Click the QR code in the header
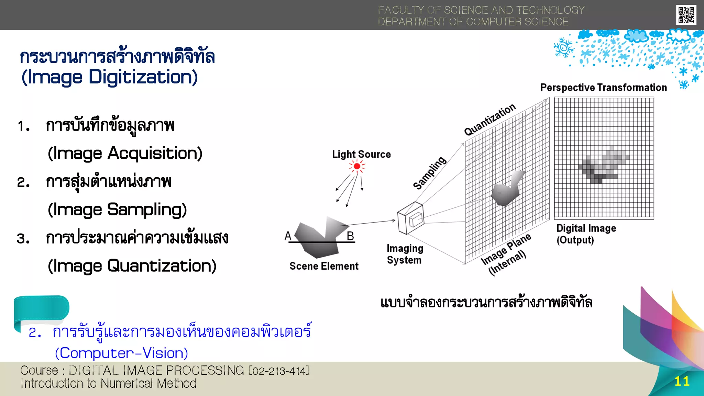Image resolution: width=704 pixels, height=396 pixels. click(x=686, y=15)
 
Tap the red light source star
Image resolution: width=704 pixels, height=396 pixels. click(x=357, y=167)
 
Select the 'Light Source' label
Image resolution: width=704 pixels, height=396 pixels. click(x=361, y=154)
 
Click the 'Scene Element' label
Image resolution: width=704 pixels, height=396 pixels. click(x=324, y=266)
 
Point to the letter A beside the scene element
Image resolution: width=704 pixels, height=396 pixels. click(x=288, y=236)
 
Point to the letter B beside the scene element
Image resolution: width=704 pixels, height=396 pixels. click(x=350, y=236)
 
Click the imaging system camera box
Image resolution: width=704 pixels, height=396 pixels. click(x=410, y=218)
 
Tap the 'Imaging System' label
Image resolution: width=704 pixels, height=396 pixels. click(x=405, y=254)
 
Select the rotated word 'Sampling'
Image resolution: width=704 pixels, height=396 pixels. click(x=430, y=173)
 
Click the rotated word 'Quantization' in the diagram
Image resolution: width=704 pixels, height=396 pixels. click(x=490, y=120)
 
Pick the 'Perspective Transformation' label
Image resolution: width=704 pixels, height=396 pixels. click(x=603, y=88)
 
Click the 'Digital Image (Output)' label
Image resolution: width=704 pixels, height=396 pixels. click(x=586, y=234)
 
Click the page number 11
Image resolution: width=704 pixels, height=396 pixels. click(x=682, y=382)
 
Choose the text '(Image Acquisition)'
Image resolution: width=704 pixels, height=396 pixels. click(x=125, y=154)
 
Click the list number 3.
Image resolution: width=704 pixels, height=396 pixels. click(x=23, y=238)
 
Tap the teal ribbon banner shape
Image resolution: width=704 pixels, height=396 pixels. click(x=41, y=309)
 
